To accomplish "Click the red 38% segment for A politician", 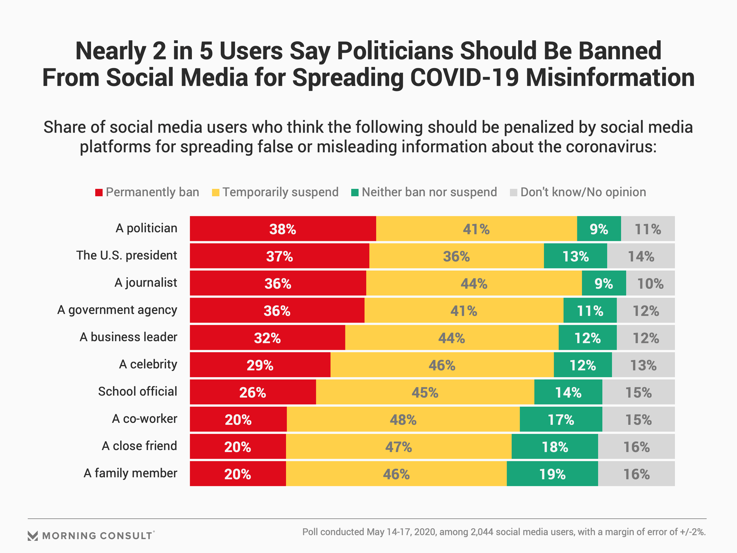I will (283, 229).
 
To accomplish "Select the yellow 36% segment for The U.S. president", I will (456, 256).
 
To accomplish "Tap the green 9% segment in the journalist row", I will (604, 283).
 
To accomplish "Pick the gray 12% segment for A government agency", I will (646, 311).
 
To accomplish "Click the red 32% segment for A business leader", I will (268, 338).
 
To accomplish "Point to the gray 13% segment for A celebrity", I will (643, 365).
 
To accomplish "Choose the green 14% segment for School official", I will (568, 392).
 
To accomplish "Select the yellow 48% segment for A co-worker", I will (403, 420).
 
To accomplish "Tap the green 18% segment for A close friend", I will (555, 447).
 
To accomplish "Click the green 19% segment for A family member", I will (552, 474).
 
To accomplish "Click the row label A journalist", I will (146, 283).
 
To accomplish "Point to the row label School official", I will (137, 391).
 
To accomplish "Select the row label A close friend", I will (139, 446).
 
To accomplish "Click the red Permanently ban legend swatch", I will (99, 192).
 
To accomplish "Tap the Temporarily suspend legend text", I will (280, 192).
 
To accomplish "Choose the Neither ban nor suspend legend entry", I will (424, 192).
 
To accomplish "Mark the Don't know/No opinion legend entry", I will (578, 192).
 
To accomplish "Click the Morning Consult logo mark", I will (33, 536).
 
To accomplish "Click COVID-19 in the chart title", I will (464, 77).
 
